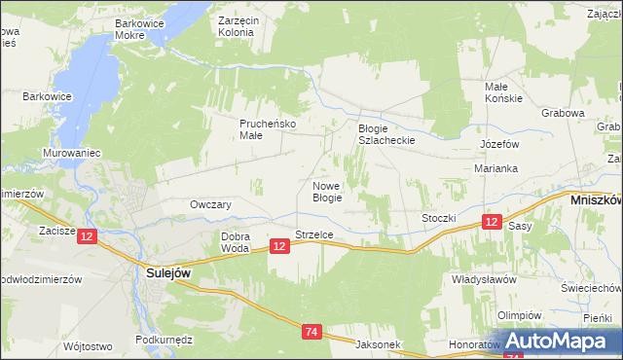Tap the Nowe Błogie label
click(327, 191)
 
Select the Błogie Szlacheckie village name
click(386, 134)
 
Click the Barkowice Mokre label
click(143, 28)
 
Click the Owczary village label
click(210, 204)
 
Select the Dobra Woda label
click(236, 242)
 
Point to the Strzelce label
click(314, 234)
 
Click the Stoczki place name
click(438, 218)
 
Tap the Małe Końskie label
click(504, 92)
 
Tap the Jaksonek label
click(379, 344)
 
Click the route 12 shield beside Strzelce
click(279, 247)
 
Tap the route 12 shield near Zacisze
click(88, 236)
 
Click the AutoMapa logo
click(555, 342)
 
